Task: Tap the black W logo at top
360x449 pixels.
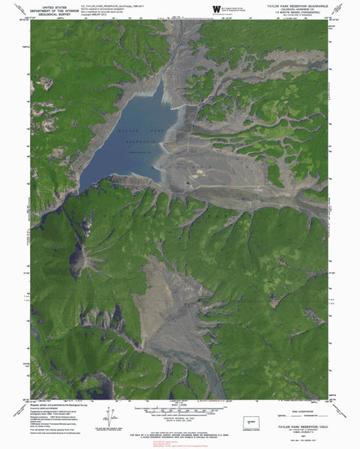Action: [217, 9]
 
